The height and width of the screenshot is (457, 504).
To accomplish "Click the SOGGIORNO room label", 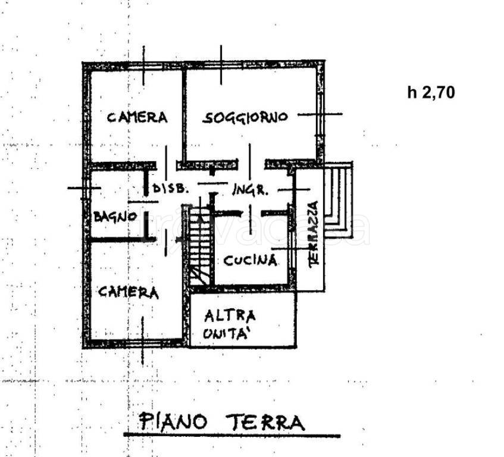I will tap(245, 117).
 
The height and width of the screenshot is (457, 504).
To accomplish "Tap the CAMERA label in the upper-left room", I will tap(137, 117).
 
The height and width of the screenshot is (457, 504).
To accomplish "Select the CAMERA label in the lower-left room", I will tap(129, 292).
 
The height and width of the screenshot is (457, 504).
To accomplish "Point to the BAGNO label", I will tap(115, 217).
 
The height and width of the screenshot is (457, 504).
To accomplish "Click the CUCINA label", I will tap(251, 260).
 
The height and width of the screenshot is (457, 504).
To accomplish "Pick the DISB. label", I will tap(171, 189).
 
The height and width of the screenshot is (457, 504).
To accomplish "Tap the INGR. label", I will tap(251, 190).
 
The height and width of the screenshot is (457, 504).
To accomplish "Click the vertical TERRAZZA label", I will tap(314, 233).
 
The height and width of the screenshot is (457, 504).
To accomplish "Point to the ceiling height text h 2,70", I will tap(431, 92).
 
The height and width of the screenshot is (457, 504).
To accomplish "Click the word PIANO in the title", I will tap(173, 422).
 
